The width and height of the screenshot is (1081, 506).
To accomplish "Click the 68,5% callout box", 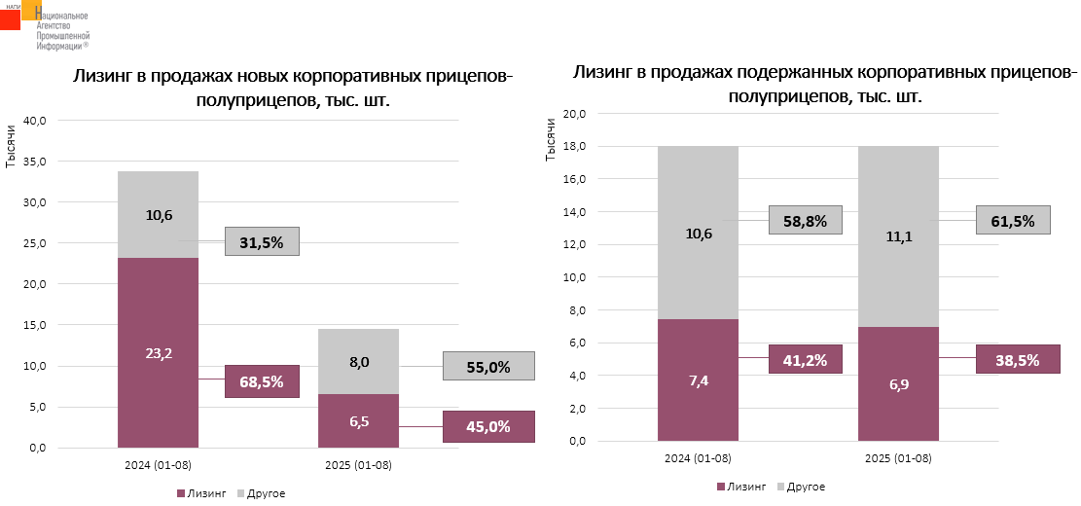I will pyautogui.click(x=262, y=381).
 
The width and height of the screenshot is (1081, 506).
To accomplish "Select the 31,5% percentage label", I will pyautogui.click(x=262, y=241).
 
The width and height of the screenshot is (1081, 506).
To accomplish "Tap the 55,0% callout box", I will pyautogui.click(x=488, y=366).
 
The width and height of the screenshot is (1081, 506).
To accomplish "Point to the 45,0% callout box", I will pyautogui.click(x=488, y=426).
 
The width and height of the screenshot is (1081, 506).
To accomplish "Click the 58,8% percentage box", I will pyautogui.click(x=805, y=220).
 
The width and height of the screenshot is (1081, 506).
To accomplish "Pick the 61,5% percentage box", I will pyautogui.click(x=1014, y=220).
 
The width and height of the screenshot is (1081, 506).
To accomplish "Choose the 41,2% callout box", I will pyautogui.click(x=805, y=359).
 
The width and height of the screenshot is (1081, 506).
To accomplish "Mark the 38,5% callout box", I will pyautogui.click(x=1017, y=359).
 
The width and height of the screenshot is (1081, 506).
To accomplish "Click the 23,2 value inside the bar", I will pyautogui.click(x=159, y=353).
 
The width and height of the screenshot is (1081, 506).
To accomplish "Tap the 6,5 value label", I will pyautogui.click(x=359, y=422).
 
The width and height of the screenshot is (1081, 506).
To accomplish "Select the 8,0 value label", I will pyautogui.click(x=359, y=362).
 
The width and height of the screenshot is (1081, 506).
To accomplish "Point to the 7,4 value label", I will pyautogui.click(x=698, y=380).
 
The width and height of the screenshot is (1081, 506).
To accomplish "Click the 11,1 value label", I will pyautogui.click(x=898, y=235).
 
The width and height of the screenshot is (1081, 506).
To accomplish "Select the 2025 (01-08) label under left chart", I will pyautogui.click(x=358, y=465).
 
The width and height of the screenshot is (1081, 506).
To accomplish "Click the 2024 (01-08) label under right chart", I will pyautogui.click(x=698, y=457).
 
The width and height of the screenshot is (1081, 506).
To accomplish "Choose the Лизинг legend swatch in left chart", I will pyautogui.click(x=182, y=493).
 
